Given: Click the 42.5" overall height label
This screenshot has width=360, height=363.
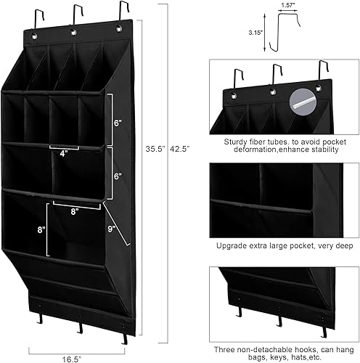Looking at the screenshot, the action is pyautogui.click(x=179, y=149).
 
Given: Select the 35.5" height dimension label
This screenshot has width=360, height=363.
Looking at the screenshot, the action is pyautogui.click(x=155, y=149).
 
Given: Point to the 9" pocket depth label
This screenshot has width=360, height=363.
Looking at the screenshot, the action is pyautogui.click(x=111, y=229).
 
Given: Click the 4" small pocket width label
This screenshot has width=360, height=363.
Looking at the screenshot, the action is pyautogui.click(x=63, y=153).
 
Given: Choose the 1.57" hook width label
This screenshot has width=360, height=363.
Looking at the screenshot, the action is pyautogui.click(x=287, y=6).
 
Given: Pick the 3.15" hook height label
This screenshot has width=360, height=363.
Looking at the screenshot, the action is pyautogui.click(x=255, y=33).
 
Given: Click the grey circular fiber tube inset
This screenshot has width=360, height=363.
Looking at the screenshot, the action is pyautogui.click(x=303, y=102).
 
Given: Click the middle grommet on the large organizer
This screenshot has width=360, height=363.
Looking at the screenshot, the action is pyautogui.click(x=73, y=32).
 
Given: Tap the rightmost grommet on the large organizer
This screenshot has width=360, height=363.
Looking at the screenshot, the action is pyautogui.click(x=118, y=28).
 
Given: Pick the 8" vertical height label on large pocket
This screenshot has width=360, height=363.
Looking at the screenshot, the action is pyautogui.click(x=41, y=229).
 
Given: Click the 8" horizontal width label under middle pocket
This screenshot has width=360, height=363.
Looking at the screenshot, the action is pyautogui.click(x=75, y=212).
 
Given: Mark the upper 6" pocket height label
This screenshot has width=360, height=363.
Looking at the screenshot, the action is pyautogui.click(x=118, y=123).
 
